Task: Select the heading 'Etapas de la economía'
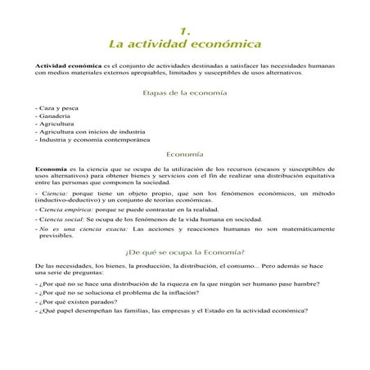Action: tap(185, 93)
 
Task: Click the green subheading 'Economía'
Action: tap(185, 153)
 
